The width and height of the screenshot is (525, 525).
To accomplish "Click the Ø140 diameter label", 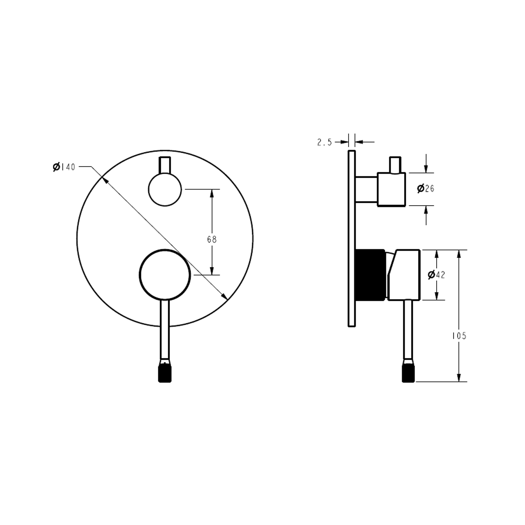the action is point(64,167).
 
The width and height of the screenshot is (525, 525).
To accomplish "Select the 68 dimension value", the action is point(212,239).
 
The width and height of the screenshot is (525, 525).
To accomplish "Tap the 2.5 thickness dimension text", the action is point(325,142).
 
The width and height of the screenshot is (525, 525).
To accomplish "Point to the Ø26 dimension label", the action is point(426,188).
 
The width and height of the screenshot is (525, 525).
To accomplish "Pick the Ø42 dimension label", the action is point(436,275).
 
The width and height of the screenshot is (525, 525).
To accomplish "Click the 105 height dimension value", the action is point(459,336).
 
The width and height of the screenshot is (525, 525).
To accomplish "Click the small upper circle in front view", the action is point(165,189).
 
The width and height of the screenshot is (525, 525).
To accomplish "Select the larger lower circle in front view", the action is point(165,275).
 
